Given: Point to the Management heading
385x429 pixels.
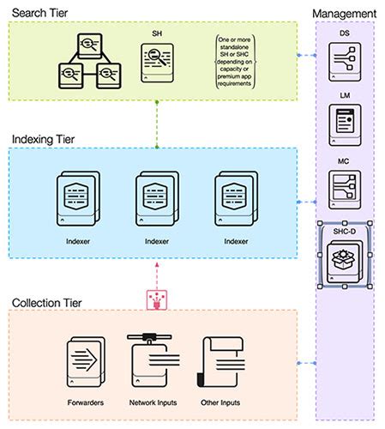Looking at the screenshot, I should pyautogui.click(x=344, y=15).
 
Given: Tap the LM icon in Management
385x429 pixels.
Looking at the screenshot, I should pyautogui.click(x=344, y=126).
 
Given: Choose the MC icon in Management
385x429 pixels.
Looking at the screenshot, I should pyautogui.click(x=344, y=190).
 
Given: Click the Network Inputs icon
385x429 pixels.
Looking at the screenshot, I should pyautogui.click(x=152, y=359).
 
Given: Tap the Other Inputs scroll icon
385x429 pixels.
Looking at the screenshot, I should pyautogui.click(x=218, y=360).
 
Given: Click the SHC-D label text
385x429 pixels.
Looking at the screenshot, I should pyautogui.click(x=344, y=231).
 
